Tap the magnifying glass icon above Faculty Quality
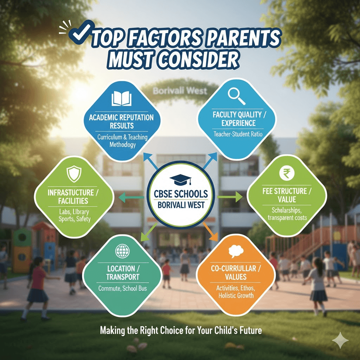[x=237, y=95]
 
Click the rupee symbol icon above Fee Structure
[x=286, y=173]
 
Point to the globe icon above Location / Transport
[x=122, y=251]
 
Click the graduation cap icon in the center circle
[x=181, y=180]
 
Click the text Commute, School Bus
[x=123, y=289]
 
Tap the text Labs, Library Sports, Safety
[x=74, y=216]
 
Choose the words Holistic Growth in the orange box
[x=236, y=295]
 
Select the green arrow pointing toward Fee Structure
[x=230, y=197]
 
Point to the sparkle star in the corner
[x=340, y=341]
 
